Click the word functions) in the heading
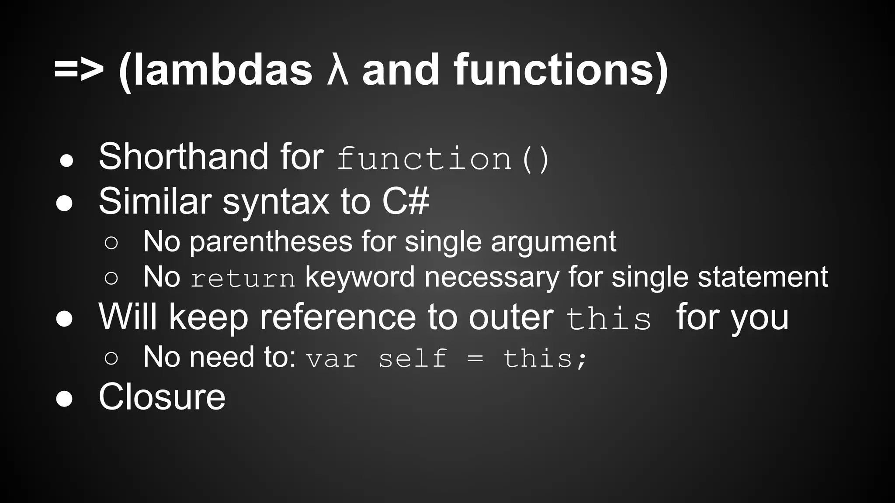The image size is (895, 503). [x=561, y=70]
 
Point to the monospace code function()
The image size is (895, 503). [x=443, y=159]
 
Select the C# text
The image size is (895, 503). [x=406, y=201]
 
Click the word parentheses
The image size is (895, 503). [x=271, y=242]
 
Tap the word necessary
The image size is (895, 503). [x=492, y=278]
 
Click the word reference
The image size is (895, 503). [x=338, y=317]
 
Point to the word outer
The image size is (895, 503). [x=511, y=317]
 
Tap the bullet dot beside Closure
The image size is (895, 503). [x=65, y=399]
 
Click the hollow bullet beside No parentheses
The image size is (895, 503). [x=111, y=243]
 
